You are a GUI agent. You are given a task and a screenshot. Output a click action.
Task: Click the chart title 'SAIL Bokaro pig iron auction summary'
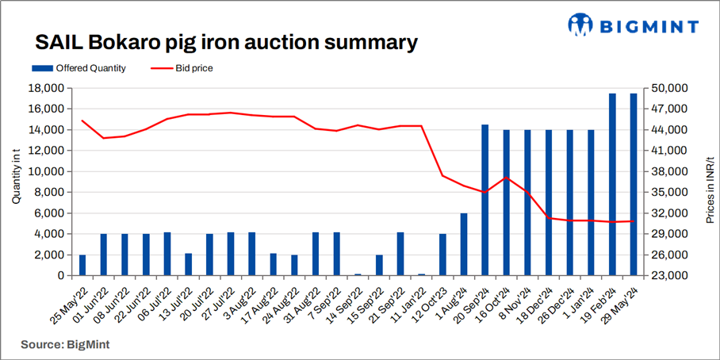pos(225,41)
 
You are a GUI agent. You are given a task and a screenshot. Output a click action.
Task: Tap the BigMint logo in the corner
pos(633,25)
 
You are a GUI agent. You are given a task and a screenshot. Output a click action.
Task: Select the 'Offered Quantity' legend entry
pos(79,68)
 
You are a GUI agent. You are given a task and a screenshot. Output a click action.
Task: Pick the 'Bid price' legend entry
pos(181,68)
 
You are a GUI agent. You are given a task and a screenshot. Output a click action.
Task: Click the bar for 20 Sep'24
pos(485,200)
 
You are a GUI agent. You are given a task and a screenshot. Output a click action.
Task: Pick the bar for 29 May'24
pos(633,185)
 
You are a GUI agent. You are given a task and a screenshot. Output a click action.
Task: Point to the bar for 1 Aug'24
pos(464,244)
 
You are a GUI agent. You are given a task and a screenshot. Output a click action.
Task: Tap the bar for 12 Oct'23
pos(442,255)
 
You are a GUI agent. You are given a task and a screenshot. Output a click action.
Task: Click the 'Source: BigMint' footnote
pos(65,344)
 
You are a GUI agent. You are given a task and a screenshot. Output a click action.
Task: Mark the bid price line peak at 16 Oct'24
pos(507,178)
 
